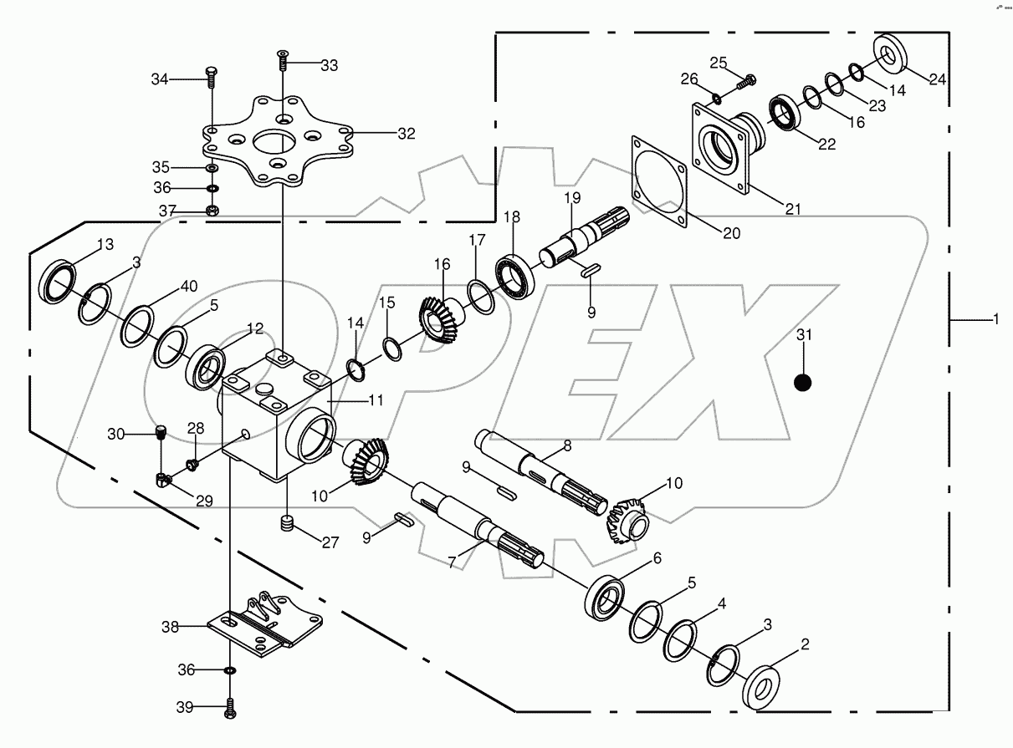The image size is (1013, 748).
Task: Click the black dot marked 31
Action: pyautogui.click(x=802, y=383)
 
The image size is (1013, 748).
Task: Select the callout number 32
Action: pyautogui.click(x=406, y=133)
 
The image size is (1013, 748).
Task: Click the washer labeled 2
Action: pyautogui.click(x=764, y=684)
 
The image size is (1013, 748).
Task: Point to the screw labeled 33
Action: pyautogui.click(x=283, y=61)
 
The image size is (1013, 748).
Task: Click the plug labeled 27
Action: pyautogui.click(x=288, y=526)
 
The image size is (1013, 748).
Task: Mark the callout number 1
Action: pyautogui.click(x=995, y=320)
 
